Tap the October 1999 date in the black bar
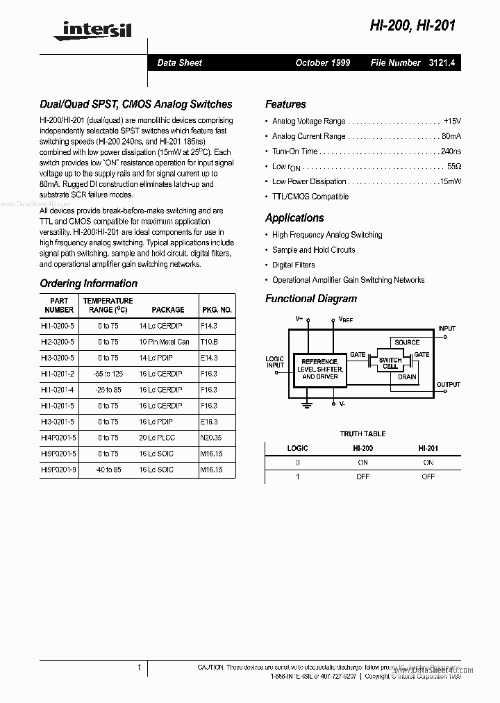click(322, 63)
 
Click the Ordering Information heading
click(88, 283)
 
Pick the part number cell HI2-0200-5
click(59, 342)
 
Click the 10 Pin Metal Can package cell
click(164, 342)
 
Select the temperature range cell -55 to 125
click(108, 374)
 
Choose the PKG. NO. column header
click(217, 310)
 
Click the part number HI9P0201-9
click(59, 470)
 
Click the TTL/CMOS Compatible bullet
click(310, 197)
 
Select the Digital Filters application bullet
click(293, 265)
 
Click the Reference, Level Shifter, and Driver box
click(318, 369)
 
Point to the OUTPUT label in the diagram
click(448, 384)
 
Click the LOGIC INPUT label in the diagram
click(275, 362)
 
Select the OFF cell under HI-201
click(428, 477)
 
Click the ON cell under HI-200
click(362, 462)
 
